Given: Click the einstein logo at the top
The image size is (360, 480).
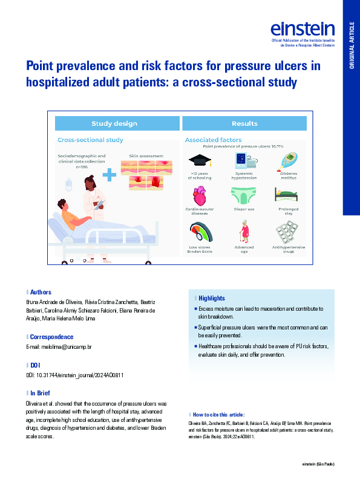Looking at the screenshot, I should point(303,29).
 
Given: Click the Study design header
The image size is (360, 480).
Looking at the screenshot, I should point(114,124).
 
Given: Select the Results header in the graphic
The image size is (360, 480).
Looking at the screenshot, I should point(244,124).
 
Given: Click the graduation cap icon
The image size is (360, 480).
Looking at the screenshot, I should point(200,160).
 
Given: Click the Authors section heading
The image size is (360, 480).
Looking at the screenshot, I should point(41,292).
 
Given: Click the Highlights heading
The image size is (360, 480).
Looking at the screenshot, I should point(211,298).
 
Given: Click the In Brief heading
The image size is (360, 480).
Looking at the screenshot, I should point(41,393).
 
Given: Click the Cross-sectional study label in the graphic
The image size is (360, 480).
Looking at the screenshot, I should point(90,140).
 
